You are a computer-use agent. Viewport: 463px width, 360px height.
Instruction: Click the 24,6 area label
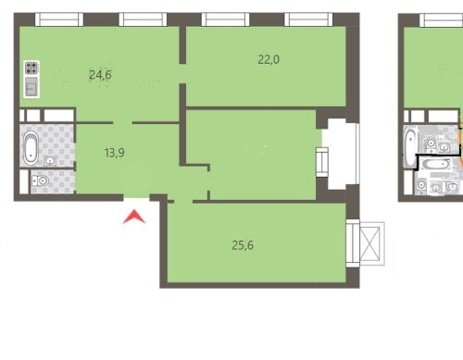click(x=100, y=75)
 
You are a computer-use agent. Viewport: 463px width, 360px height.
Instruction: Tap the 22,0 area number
click(x=269, y=59)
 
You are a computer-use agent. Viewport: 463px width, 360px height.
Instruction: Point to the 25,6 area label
click(x=244, y=245)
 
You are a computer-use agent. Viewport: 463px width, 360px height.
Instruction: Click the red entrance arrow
click(x=135, y=217)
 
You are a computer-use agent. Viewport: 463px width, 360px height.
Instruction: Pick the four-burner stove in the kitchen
click(x=31, y=68)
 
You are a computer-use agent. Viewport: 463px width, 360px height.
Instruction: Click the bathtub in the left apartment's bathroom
click(x=31, y=147)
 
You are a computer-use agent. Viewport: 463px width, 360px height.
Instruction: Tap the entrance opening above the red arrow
click(x=136, y=196)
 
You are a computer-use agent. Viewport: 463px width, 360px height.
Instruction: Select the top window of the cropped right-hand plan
click(x=442, y=19)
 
